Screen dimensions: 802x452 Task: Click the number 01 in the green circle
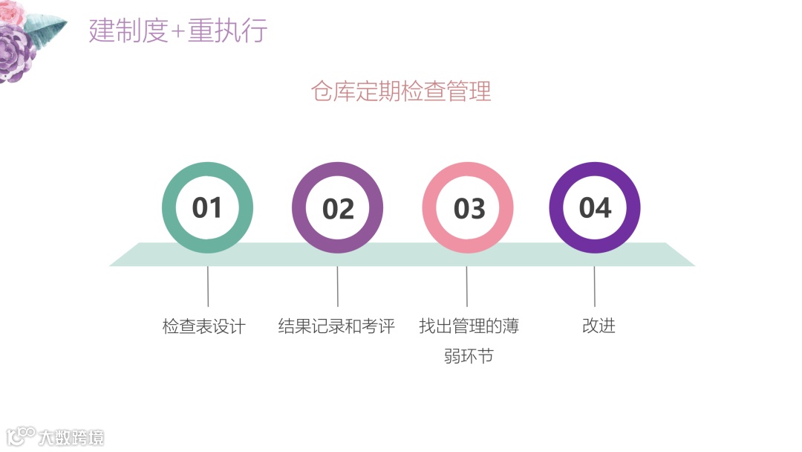coord(207,207)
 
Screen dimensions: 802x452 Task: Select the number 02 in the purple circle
coord(338,209)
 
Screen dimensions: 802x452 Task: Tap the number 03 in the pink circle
coord(469,209)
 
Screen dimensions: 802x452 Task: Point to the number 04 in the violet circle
coord(595,207)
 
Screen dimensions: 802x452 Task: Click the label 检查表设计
coord(203,326)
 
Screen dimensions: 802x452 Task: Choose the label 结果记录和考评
coord(336,326)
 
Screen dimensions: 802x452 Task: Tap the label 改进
coord(599,326)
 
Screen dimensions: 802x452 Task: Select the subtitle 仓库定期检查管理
coord(401,91)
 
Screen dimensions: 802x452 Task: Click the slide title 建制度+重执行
coord(178,31)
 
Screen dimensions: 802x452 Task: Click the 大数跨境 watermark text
coord(71,436)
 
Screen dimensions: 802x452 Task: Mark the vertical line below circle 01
coord(208,286)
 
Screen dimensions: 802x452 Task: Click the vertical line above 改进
coord(594,286)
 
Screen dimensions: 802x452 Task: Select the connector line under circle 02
coord(338,286)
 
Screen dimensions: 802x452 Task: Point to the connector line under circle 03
coord(466,286)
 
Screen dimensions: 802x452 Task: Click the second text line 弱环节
coord(469,356)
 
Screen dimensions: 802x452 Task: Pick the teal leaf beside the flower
coord(45,29)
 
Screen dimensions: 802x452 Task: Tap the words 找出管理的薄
coord(469,326)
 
